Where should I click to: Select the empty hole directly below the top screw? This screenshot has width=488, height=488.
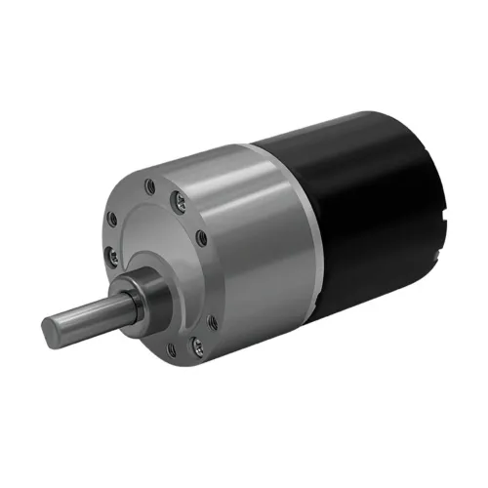pyautogui.click(x=202, y=237)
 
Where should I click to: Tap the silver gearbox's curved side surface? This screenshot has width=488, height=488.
pyautogui.click(x=264, y=254)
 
